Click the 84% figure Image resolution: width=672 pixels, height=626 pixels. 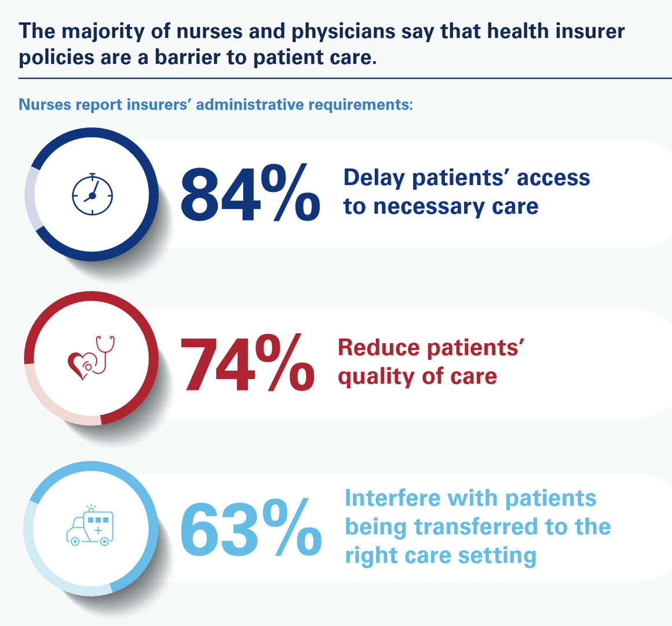(250, 194)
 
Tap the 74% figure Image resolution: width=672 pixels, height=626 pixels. (248, 363)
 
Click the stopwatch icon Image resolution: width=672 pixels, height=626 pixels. (92, 194)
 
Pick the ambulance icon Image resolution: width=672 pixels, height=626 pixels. (90, 526)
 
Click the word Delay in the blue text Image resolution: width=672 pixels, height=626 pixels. (374, 178)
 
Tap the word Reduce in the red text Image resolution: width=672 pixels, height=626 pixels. (379, 347)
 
